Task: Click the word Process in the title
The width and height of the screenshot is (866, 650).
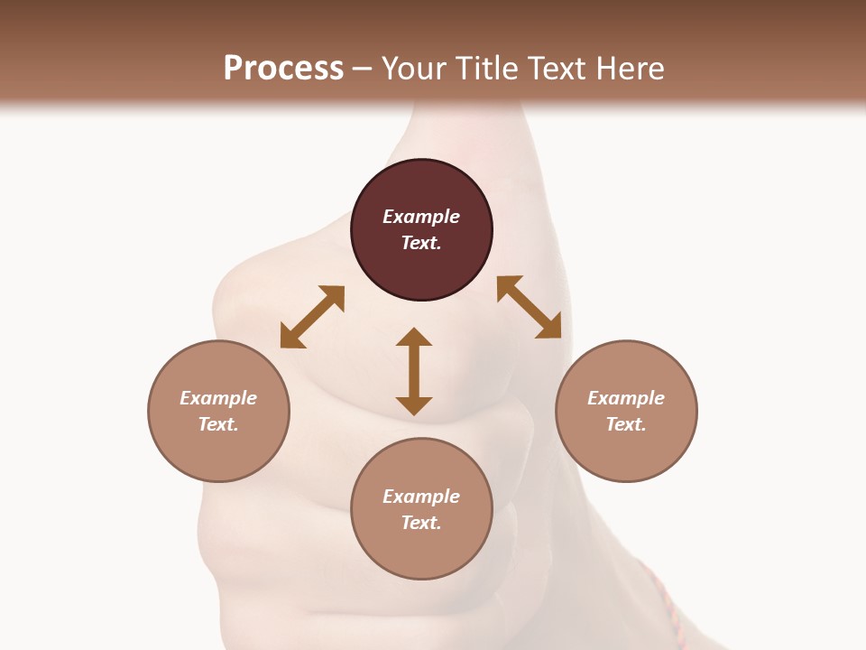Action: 283,68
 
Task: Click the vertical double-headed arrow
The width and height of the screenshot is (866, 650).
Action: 414,371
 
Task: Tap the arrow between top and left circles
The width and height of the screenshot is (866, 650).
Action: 312,316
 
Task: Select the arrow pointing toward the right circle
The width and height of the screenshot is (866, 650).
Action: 529,307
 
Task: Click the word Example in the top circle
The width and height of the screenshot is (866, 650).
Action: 421,217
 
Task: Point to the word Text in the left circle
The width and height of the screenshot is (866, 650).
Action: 218,424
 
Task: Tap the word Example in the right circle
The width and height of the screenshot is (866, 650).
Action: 626,398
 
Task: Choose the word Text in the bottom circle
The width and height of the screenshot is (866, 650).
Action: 421,523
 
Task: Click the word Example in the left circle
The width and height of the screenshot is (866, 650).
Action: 218,398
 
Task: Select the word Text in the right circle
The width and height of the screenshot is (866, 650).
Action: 626,424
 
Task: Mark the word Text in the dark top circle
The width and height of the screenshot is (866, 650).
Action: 421,243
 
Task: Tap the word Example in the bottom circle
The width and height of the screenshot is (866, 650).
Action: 421,497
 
